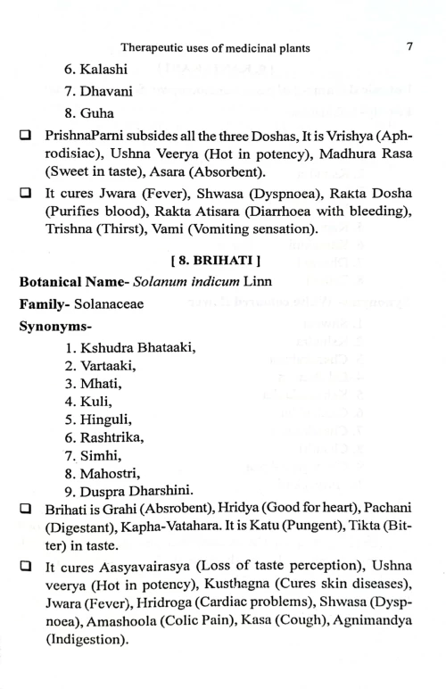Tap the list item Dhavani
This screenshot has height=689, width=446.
pyautogui.click(x=99, y=92)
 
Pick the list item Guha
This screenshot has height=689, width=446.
pyautogui.click(x=90, y=114)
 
